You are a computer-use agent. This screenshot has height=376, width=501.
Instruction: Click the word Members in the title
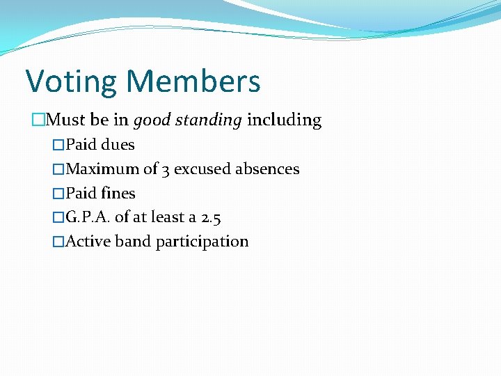click(194, 81)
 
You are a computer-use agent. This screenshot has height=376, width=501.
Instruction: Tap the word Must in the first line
click(67, 120)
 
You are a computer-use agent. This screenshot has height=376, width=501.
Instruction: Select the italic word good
click(152, 120)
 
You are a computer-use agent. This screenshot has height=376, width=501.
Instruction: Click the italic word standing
click(209, 120)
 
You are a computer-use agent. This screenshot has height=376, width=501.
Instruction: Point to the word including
click(285, 120)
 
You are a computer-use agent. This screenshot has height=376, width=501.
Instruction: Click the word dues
click(118, 145)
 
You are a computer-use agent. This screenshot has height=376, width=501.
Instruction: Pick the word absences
click(267, 169)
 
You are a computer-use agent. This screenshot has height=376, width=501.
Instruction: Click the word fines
click(118, 194)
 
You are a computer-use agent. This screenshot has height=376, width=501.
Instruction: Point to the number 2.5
click(211, 217)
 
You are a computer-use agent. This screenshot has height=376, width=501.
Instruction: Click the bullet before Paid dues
click(58, 145)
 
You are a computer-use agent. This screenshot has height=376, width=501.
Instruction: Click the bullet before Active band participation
click(58, 242)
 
